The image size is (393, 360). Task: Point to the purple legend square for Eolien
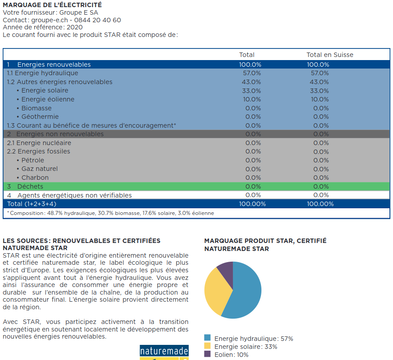(207, 354)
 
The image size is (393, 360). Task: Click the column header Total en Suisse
(330, 55)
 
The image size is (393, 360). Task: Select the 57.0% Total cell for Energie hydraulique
(252, 73)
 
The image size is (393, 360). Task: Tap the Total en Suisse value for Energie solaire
(319, 91)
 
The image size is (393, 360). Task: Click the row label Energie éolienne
(48, 99)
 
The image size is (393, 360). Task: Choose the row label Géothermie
(40, 117)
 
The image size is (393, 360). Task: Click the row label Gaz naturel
(40, 169)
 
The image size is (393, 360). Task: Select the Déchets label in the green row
(30, 186)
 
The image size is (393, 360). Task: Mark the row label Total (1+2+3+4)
(32, 204)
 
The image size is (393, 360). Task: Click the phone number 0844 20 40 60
(97, 20)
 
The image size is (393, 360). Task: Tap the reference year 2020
(74, 27)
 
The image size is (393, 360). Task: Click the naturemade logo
(164, 352)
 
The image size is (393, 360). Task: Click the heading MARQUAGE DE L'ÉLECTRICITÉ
(52, 5)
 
